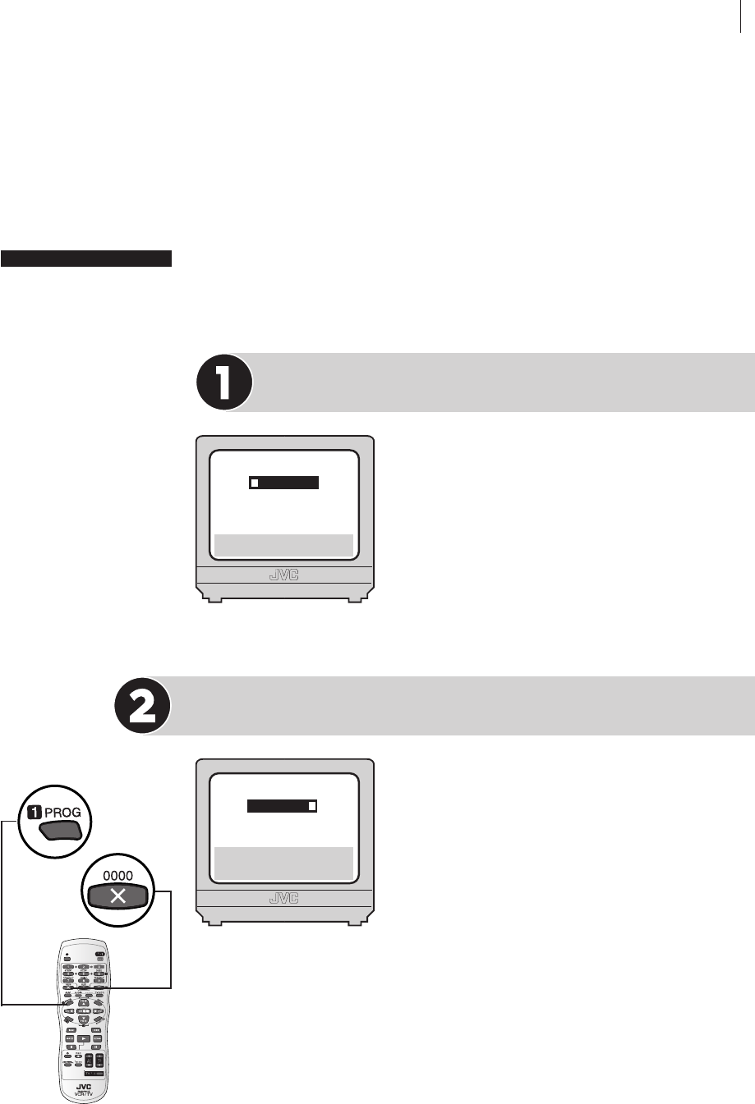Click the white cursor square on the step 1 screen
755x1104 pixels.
tap(255, 483)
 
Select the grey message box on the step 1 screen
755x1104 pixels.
tap(283, 544)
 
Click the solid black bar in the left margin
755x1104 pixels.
tap(86, 259)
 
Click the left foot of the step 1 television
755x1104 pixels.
tap(215, 600)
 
